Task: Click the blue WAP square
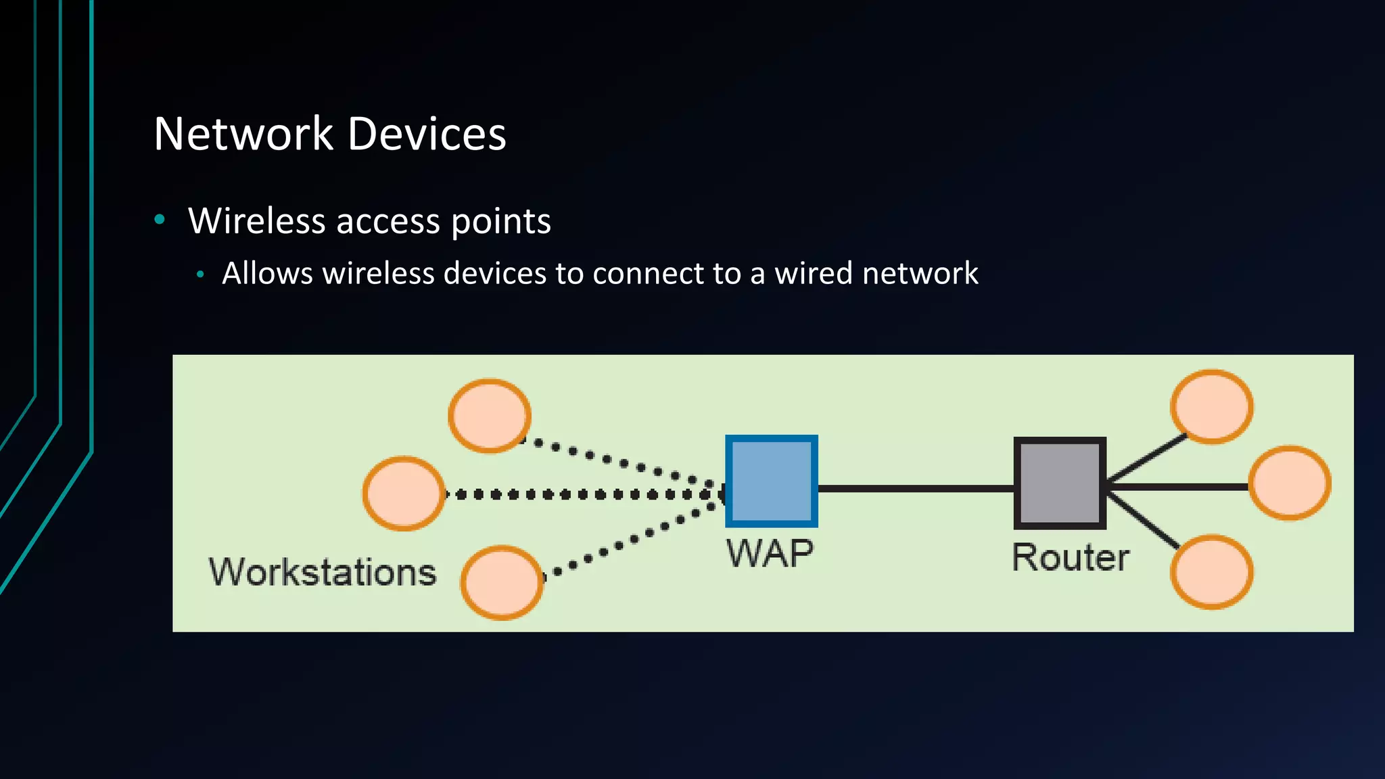pyautogui.click(x=771, y=481)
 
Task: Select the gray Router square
pyautogui.click(x=1059, y=483)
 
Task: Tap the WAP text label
pyautogui.click(x=770, y=554)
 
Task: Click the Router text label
pyautogui.click(x=1070, y=558)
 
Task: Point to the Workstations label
pyautogui.click(x=323, y=572)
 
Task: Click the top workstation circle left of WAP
pyautogui.click(x=490, y=416)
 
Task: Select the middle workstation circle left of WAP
pyautogui.click(x=404, y=494)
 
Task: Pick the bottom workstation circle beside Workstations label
pyautogui.click(x=501, y=582)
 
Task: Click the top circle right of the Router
pyautogui.click(x=1211, y=406)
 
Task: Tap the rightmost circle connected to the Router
pyautogui.click(x=1289, y=483)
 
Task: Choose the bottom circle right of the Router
pyautogui.click(x=1211, y=572)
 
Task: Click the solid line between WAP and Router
pyautogui.click(x=916, y=488)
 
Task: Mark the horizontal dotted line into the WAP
pyautogui.click(x=582, y=495)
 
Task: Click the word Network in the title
pyautogui.click(x=243, y=134)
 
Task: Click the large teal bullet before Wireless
pyautogui.click(x=160, y=219)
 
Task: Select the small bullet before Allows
pyautogui.click(x=199, y=275)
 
